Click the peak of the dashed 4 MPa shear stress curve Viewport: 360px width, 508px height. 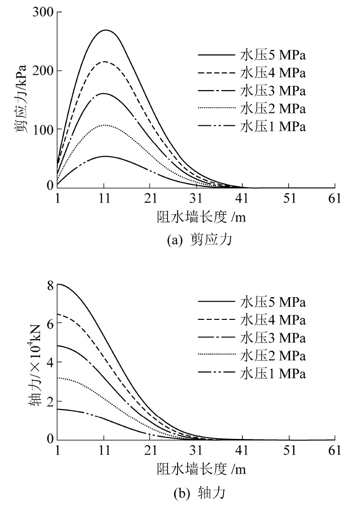[x=104, y=62]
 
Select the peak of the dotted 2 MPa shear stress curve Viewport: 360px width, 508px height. [x=104, y=125]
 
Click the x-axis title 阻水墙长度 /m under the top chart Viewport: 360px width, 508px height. [x=195, y=217]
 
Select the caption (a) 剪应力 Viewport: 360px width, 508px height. [x=195, y=240]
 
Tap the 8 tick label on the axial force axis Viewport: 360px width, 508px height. [x=46, y=285]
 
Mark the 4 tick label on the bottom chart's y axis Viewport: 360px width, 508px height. [x=46, y=362]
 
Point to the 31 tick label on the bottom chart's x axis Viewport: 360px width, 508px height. [x=196, y=452]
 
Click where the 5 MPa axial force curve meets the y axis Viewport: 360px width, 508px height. [x=57, y=284]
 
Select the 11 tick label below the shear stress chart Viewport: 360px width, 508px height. [x=104, y=199]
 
